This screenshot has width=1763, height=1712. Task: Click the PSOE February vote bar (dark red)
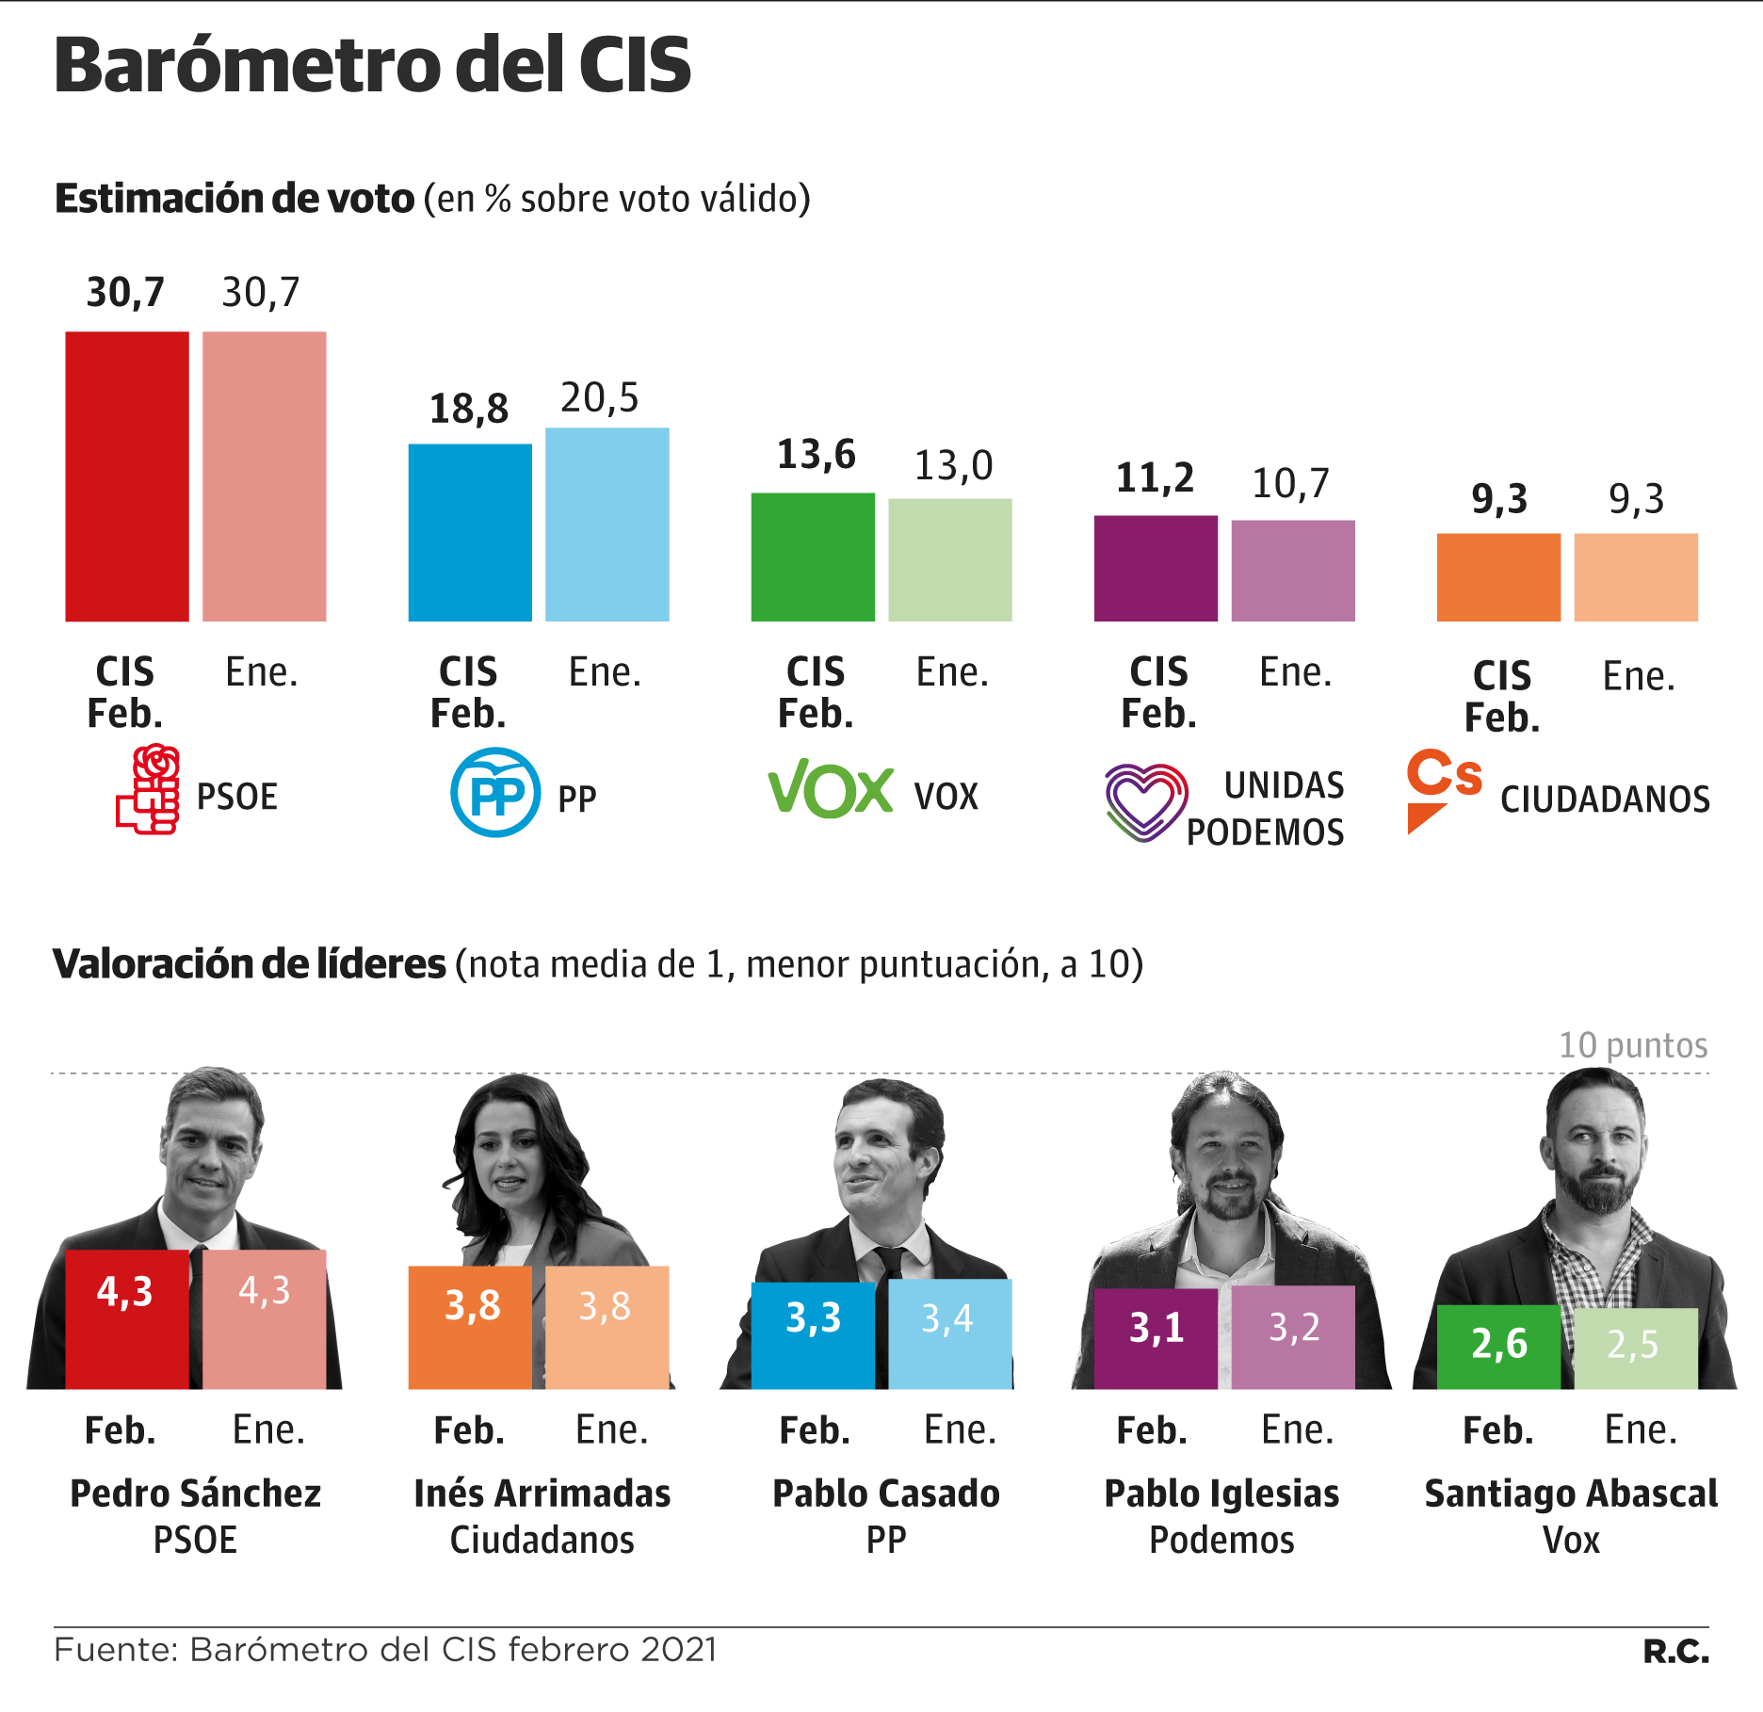[x=127, y=476]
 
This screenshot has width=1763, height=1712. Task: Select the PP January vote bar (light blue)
[x=607, y=525]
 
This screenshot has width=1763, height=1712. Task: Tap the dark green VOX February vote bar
[x=813, y=557]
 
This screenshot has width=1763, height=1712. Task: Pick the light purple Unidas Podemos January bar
[x=1293, y=570]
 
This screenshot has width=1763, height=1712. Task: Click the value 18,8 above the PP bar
[x=469, y=409]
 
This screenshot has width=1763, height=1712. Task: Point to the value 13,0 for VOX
[x=953, y=465]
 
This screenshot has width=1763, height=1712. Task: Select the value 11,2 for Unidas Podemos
[x=1155, y=478]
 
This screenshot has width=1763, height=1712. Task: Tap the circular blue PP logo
[x=495, y=792]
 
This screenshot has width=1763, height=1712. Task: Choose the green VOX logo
[x=830, y=788]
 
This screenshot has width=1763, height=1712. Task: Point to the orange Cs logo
[x=1443, y=786]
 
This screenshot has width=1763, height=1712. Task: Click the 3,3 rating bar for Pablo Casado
[x=813, y=1333]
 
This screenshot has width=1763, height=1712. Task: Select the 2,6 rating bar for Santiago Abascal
[x=1498, y=1347]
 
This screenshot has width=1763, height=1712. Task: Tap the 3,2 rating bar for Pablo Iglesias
[x=1293, y=1336]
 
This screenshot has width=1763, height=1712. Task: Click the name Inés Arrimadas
[x=542, y=1494]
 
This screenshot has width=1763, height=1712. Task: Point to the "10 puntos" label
[x=1633, y=1045]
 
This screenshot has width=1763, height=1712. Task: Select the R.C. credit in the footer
[x=1675, y=1651]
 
